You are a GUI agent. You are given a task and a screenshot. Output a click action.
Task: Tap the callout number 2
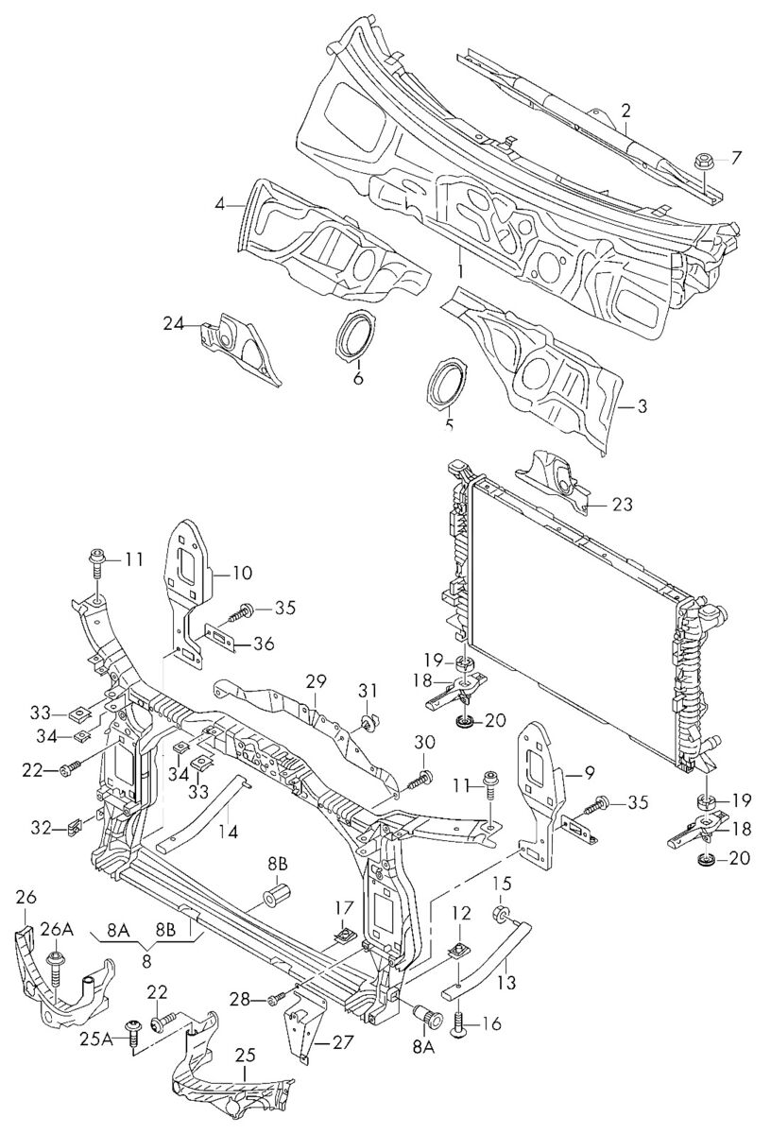(626, 110)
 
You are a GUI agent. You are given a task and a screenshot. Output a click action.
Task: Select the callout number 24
(175, 323)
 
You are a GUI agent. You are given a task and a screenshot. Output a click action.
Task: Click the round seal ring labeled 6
(356, 334)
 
